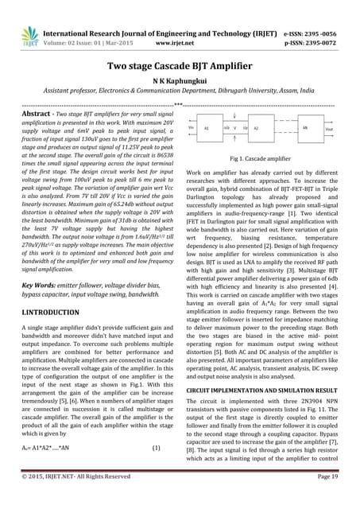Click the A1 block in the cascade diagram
coord(207,127)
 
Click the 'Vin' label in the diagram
coord(191,127)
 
